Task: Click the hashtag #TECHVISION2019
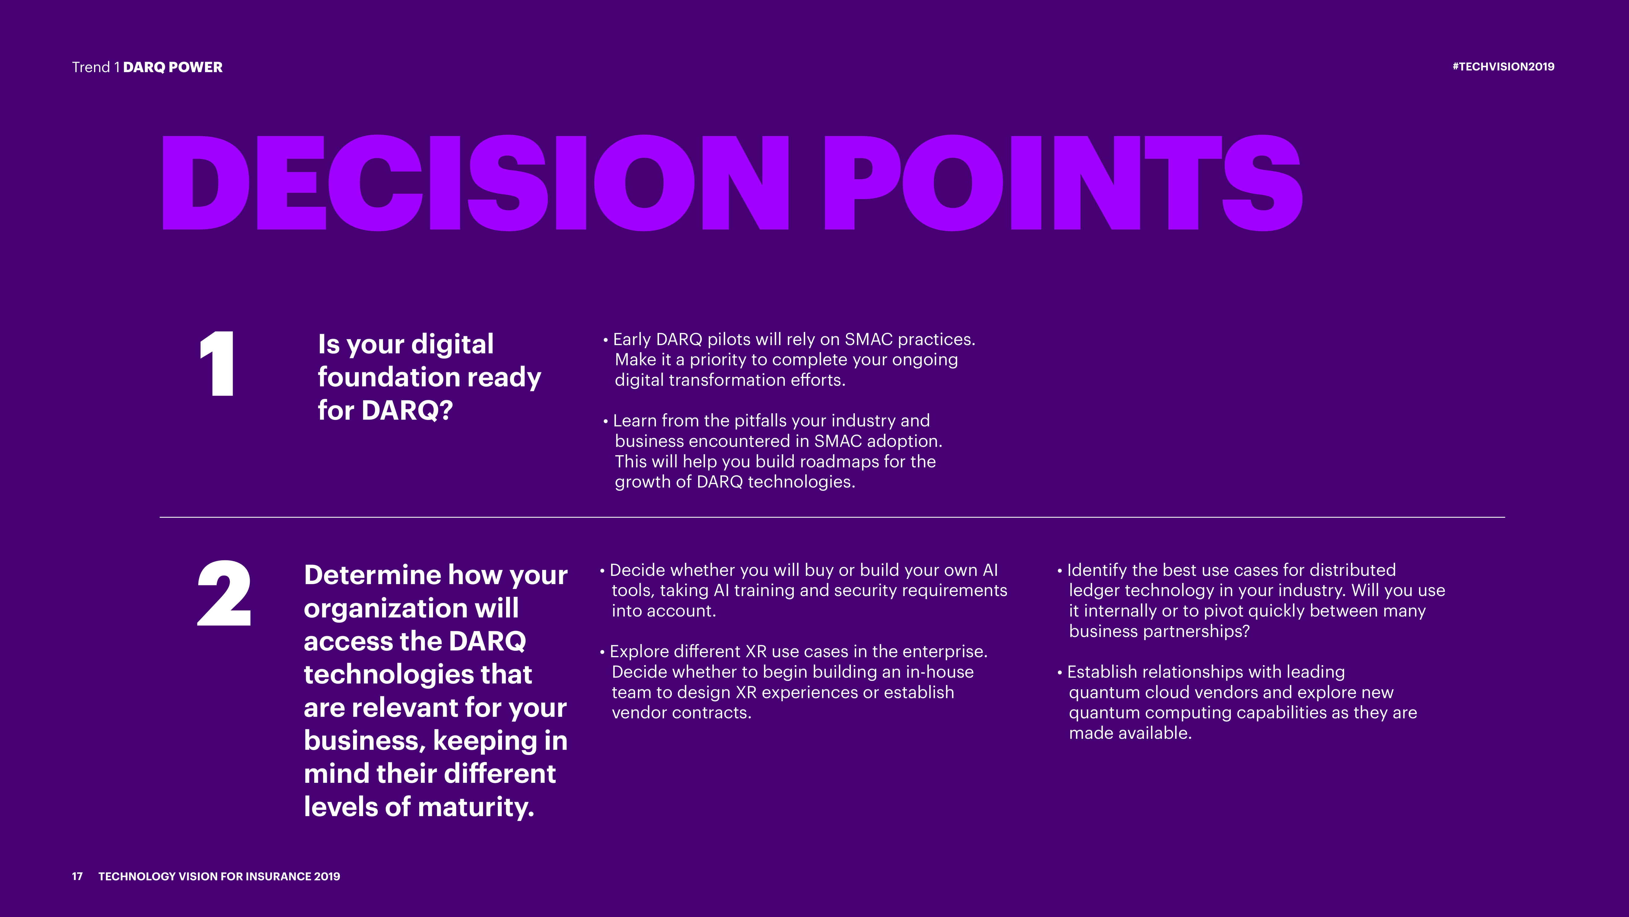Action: click(x=1503, y=66)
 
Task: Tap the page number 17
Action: click(x=77, y=876)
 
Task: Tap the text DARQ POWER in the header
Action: click(x=173, y=67)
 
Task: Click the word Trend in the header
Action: click(x=91, y=67)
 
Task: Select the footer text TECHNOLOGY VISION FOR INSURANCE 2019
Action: click(x=219, y=876)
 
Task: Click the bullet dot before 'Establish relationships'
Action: click(x=1060, y=673)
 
